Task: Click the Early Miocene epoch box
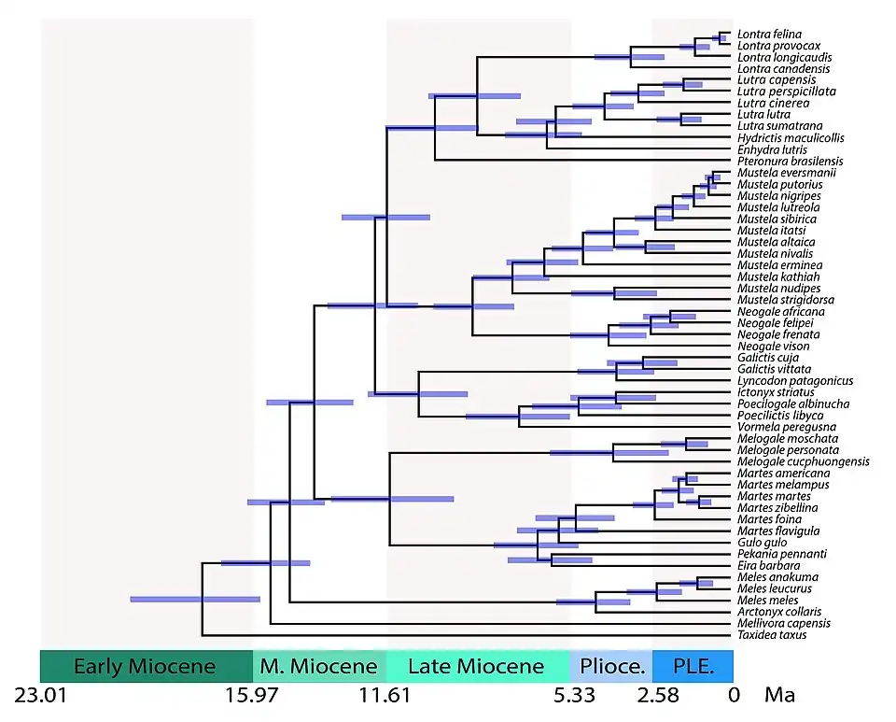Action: tap(146, 667)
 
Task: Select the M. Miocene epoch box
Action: tap(319, 667)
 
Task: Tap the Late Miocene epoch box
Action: tap(477, 667)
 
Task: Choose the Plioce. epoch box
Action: tap(611, 667)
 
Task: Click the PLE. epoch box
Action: tap(692, 667)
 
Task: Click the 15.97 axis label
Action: tap(252, 696)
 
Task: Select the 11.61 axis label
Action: tap(385, 696)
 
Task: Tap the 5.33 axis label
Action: tap(570, 696)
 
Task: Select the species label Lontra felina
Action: tap(769, 35)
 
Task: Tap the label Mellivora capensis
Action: tap(783, 624)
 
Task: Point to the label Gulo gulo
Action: tap(761, 543)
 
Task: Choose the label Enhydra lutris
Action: tap(772, 149)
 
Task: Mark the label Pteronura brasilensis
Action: tap(790, 162)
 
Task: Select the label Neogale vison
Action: tap(773, 347)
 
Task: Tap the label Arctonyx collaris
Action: tap(779, 612)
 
